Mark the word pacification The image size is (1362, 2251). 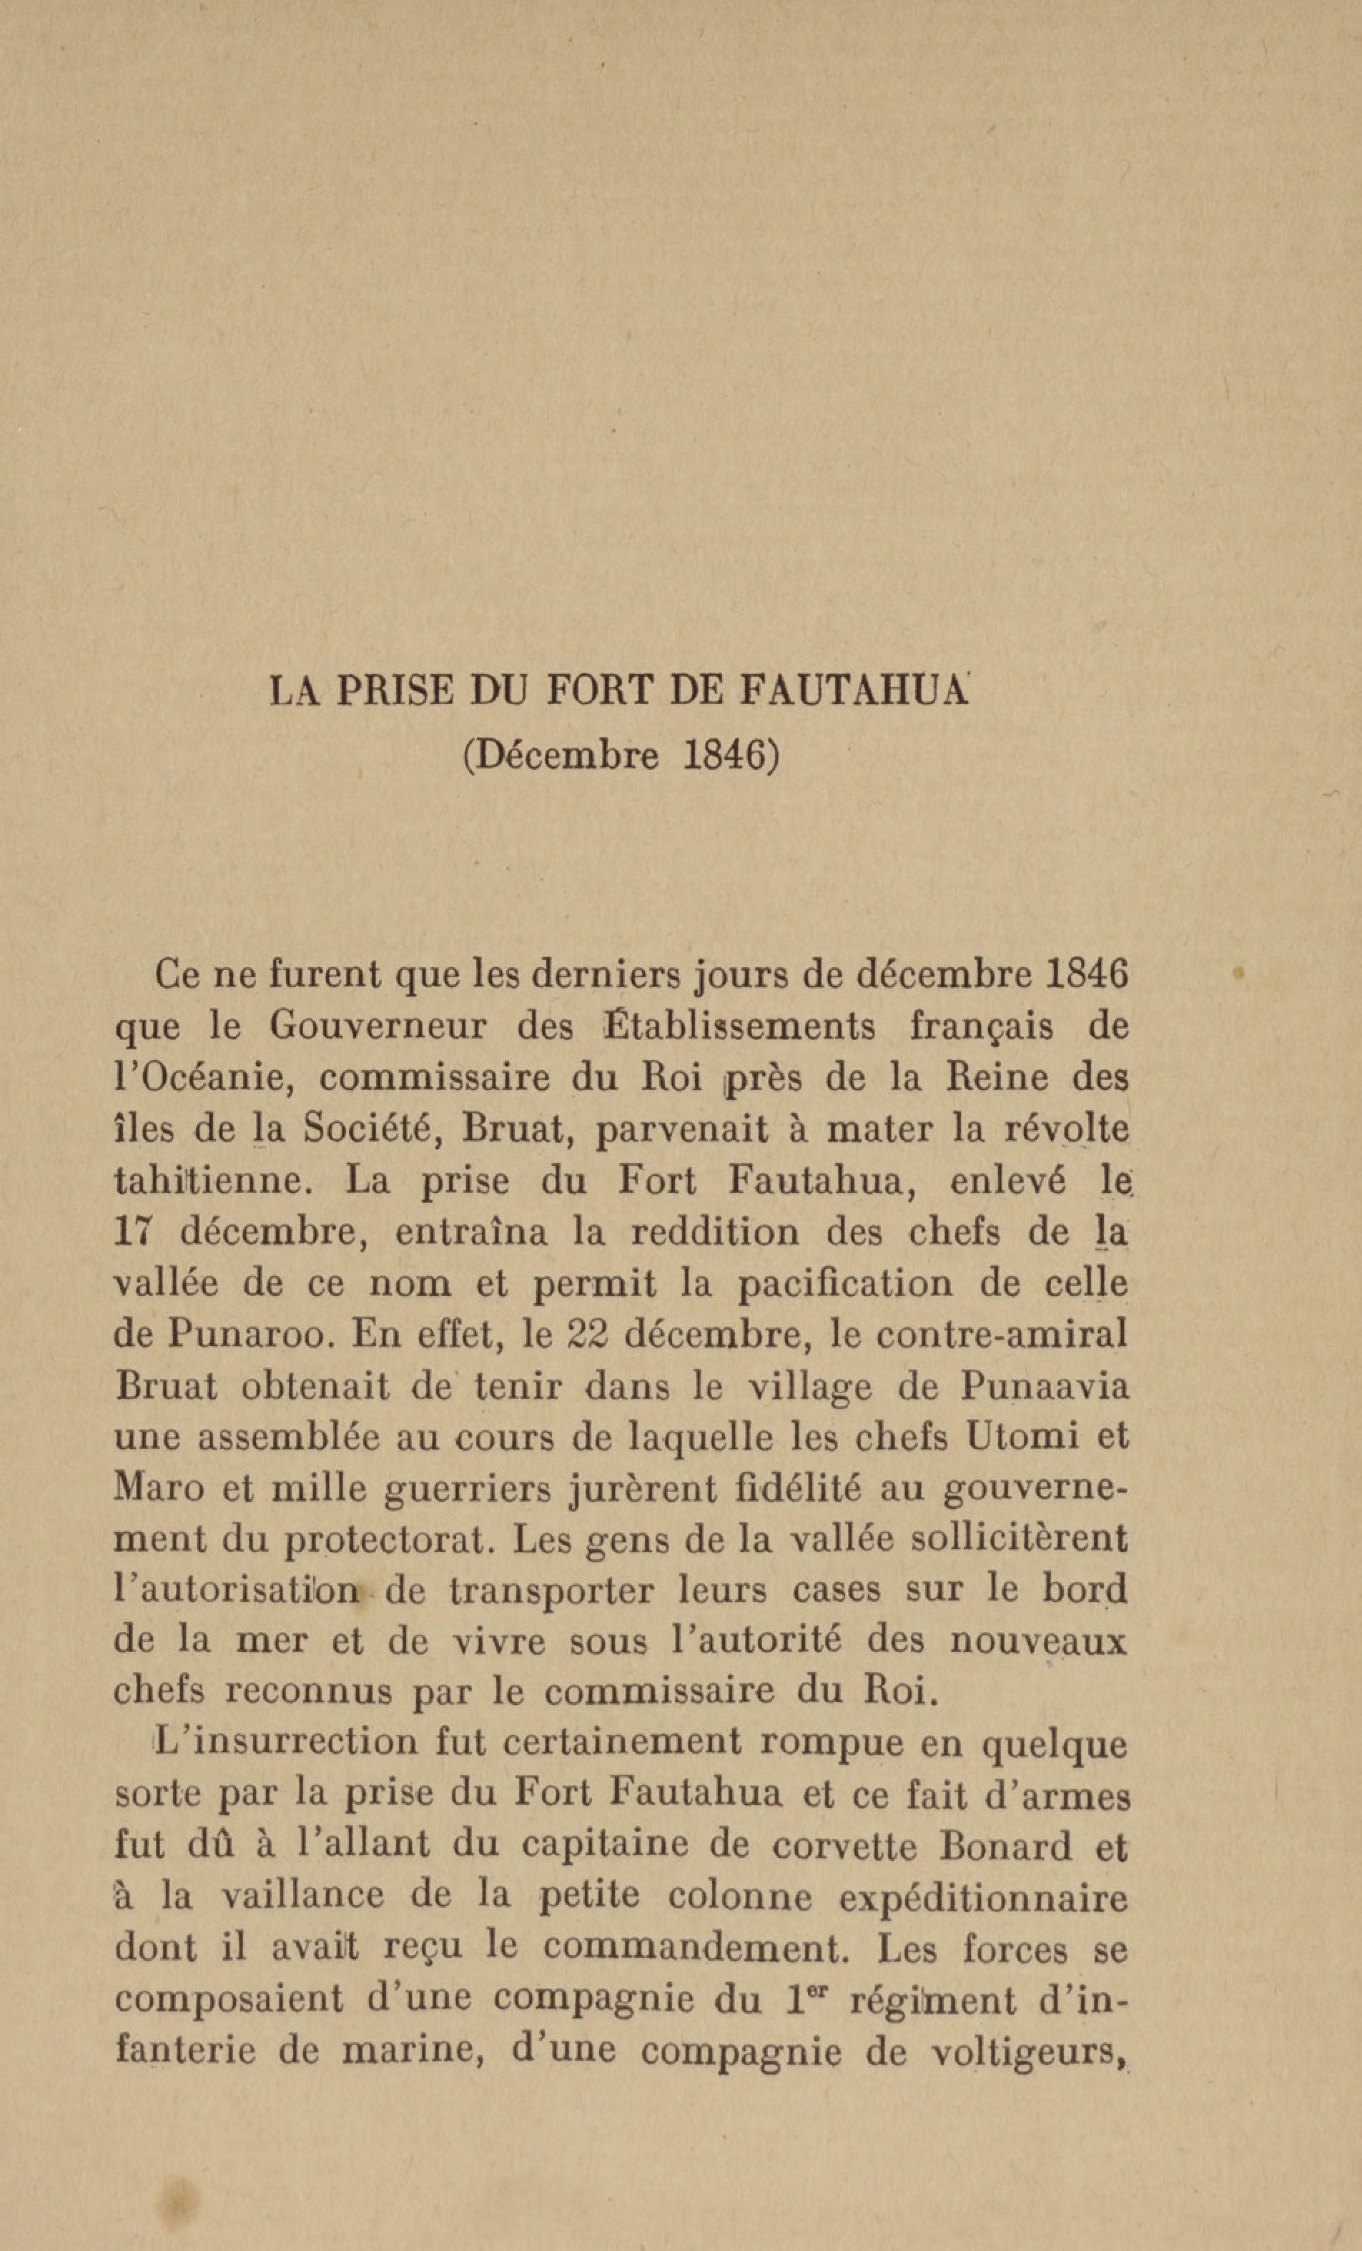tap(843, 1284)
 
